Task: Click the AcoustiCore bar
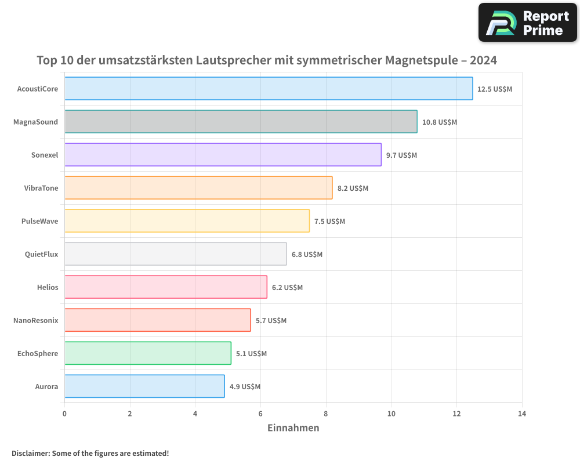269,89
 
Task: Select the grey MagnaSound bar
241,122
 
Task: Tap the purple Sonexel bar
223,155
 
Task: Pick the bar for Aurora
144,386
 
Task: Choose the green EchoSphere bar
148,353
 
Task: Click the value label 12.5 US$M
495,89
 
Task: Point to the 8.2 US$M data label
353,188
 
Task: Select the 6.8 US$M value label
307,255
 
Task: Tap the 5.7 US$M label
271,321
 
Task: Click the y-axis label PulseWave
39,221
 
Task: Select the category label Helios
47,287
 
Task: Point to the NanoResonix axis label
36,320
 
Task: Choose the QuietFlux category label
41,254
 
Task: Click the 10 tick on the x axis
391,414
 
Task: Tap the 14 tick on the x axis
522,414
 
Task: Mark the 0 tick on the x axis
64,414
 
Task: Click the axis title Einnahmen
293,428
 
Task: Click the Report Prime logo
528,23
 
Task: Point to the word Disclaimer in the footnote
30,454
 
